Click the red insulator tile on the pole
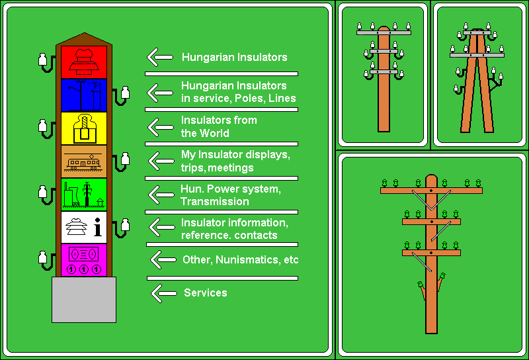pos(84,62)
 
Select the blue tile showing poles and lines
pos(84,95)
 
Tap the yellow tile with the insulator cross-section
pos(84,128)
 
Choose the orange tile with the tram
pos(84,161)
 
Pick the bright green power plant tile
pos(84,195)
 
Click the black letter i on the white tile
pos(98,226)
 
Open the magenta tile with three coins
pos(84,260)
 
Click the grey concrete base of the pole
pos(84,300)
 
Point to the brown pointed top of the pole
pos(84,39)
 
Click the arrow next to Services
pos(164,293)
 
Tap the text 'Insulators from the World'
pos(219,126)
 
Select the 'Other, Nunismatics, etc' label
pos(241,259)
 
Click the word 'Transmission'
pos(215,202)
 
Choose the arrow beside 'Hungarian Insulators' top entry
pos(160,57)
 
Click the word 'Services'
pos(206,292)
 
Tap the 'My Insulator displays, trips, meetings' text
pos(235,161)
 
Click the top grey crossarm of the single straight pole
pos(384,33)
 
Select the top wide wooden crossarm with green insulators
pos(432,191)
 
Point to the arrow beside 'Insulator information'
pos(162,227)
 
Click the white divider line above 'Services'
pos(222,279)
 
